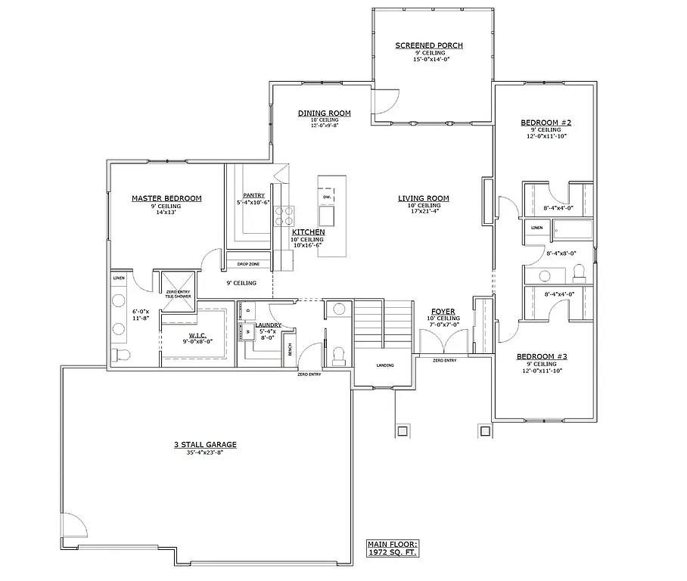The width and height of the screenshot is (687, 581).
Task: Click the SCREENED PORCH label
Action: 429,45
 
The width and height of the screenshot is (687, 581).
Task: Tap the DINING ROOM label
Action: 323,113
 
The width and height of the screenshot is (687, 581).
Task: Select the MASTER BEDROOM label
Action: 166,198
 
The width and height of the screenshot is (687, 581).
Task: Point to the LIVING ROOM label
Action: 424,198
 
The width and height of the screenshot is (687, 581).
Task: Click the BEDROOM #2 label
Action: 545,122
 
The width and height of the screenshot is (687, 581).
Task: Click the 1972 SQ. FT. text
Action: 392,553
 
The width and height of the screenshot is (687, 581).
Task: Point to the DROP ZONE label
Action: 248,264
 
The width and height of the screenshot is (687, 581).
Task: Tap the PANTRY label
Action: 253,194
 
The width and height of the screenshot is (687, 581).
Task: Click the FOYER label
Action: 443,311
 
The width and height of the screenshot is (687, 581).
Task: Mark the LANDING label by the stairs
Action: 385,365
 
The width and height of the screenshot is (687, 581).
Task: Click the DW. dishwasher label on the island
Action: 327,197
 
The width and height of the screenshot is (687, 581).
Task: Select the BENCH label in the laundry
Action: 289,350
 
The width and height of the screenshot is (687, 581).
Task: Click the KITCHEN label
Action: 309,232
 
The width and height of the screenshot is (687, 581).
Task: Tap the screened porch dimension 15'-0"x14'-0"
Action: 429,59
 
